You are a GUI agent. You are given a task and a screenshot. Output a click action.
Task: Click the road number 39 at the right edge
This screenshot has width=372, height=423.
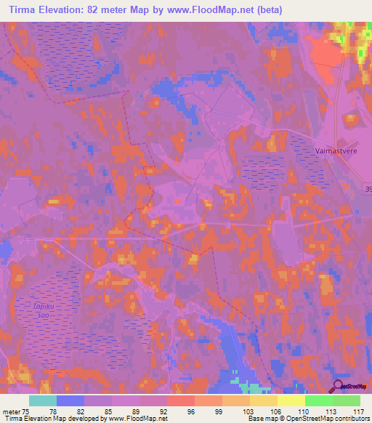pos(367,189)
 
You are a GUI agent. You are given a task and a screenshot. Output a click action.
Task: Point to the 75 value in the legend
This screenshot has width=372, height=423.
pos(29,410)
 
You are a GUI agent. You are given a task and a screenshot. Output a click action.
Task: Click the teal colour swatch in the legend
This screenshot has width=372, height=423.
pos(43,400)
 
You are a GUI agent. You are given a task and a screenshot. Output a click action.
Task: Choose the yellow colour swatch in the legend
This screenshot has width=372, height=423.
pos(291,400)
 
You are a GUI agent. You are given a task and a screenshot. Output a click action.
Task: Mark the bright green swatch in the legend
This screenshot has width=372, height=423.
pos(319,400)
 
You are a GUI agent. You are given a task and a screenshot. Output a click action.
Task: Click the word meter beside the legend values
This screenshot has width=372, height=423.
pos(12,410)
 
